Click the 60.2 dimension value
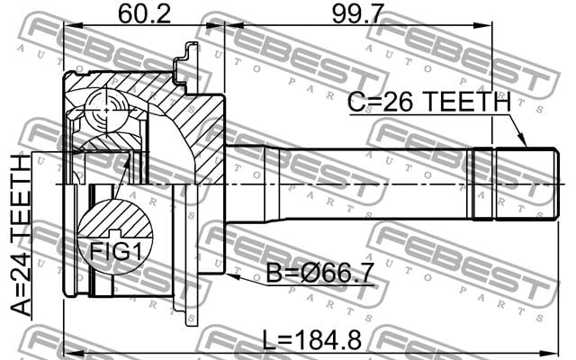pyautogui.click(x=144, y=14)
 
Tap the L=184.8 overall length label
pyautogui.click(x=312, y=340)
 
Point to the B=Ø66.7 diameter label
pyautogui.click(x=320, y=274)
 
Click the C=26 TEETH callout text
pyautogui.click(x=429, y=102)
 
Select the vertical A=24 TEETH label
pyautogui.click(x=21, y=235)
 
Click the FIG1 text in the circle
pyautogui.click(x=115, y=252)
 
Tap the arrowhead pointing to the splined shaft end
pyautogui.click(x=522, y=141)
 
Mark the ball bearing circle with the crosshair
pyautogui.click(x=106, y=110)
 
